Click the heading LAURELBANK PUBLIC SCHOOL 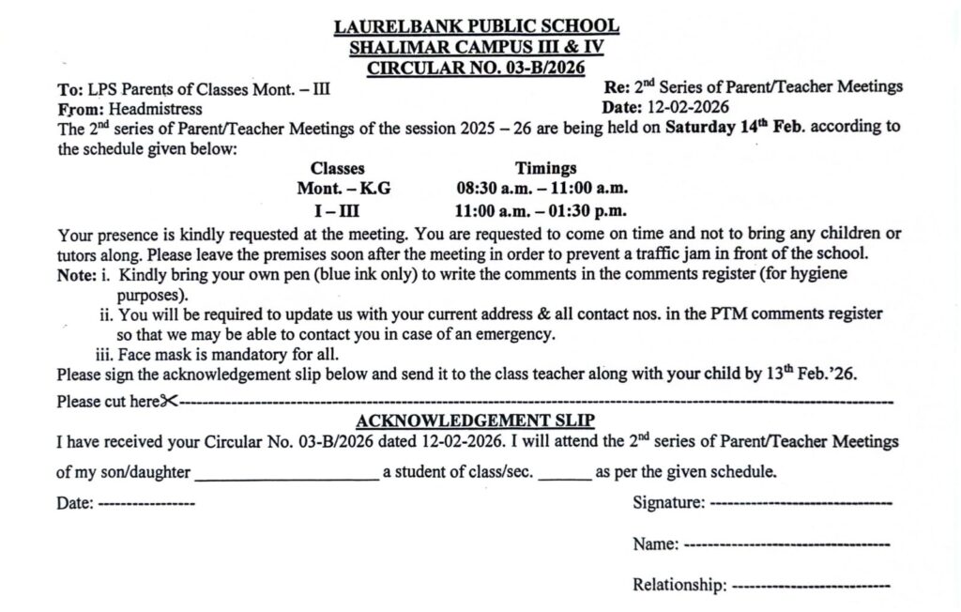(477, 26)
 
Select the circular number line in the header (477, 68)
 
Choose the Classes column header (338, 169)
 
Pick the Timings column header (545, 169)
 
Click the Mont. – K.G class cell (343, 190)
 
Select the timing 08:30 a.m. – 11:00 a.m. (542, 190)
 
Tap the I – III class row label (335, 211)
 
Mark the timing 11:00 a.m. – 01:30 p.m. (542, 211)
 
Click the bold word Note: (76, 274)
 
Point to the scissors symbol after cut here (168, 401)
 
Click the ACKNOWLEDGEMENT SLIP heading (475, 421)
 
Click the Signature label (668, 503)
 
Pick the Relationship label (679, 586)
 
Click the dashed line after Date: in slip (146, 504)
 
